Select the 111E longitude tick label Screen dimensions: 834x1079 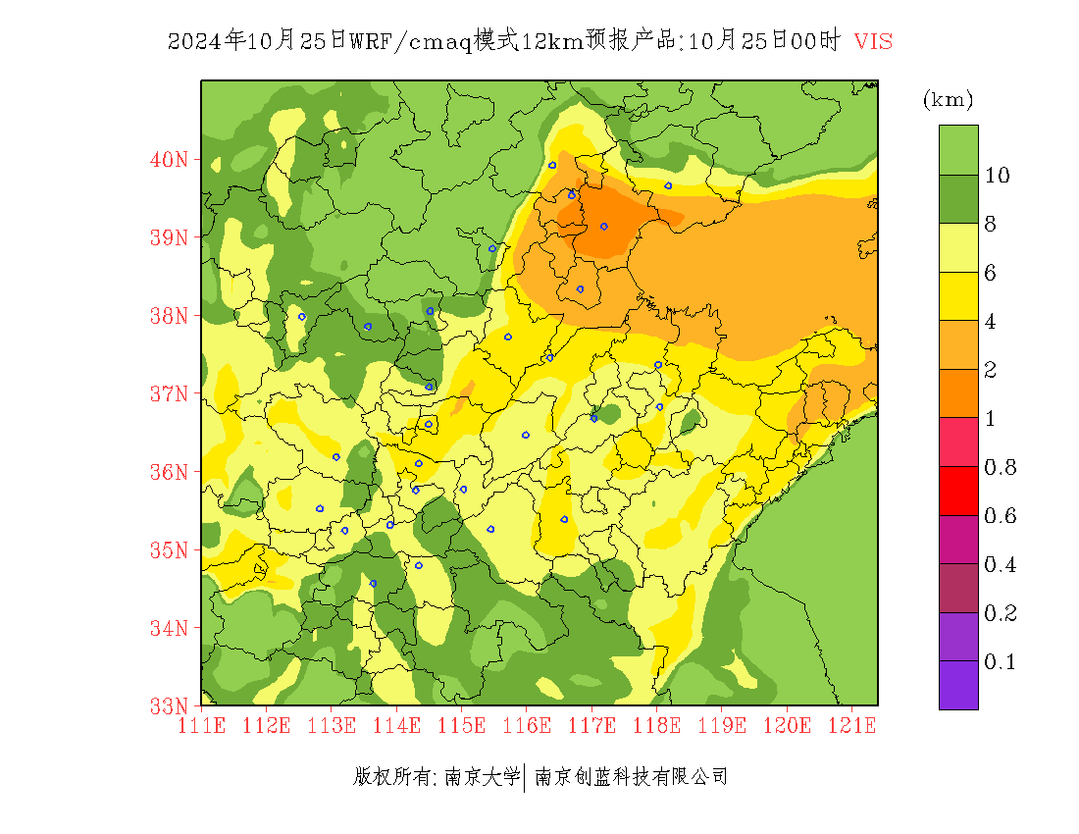201,726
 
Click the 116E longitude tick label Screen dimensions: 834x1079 526,726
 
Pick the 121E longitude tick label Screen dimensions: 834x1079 850,726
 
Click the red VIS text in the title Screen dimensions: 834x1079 873,41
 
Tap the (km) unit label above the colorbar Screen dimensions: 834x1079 948,99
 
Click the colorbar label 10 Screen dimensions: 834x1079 998,176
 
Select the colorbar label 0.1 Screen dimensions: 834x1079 1000,662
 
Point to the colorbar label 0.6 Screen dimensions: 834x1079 1000,516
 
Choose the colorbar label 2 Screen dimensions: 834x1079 991,370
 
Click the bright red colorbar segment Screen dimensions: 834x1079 958,492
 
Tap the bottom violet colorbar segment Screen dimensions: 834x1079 958,685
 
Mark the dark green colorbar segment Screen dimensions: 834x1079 958,199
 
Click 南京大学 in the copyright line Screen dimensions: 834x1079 482,778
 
